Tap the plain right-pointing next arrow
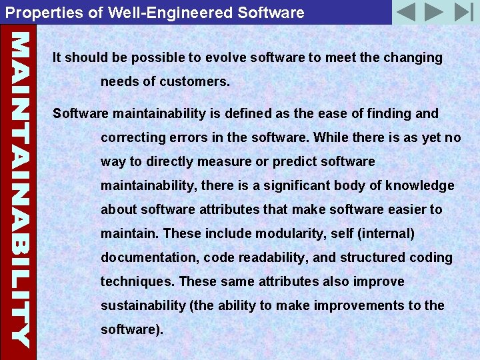pos(433,12)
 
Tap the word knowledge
pos(418,185)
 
